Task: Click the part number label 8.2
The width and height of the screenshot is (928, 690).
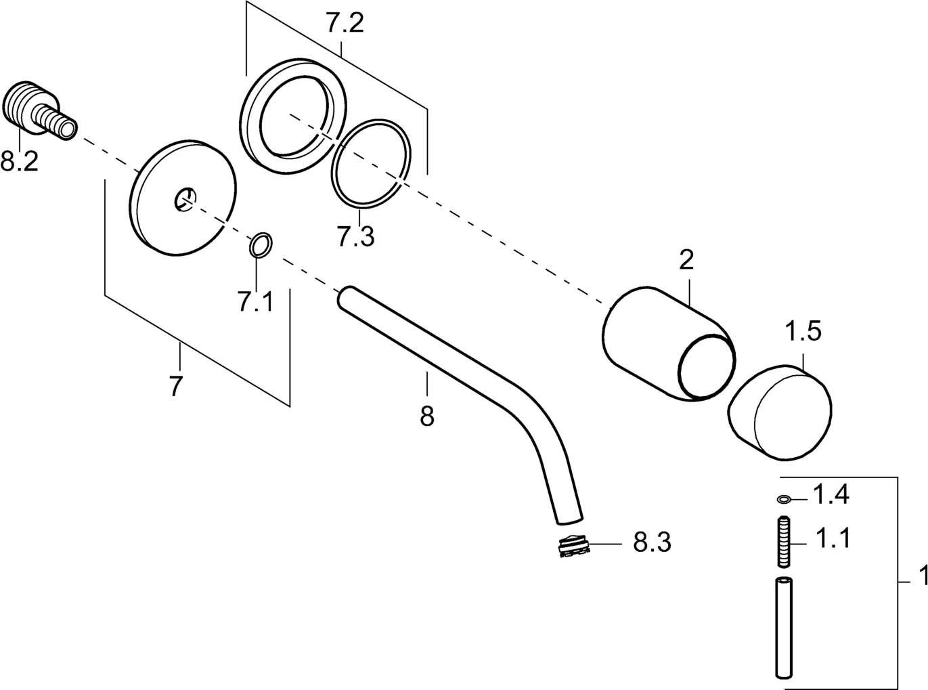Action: [18, 163]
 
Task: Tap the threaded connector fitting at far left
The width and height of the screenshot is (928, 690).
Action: [38, 112]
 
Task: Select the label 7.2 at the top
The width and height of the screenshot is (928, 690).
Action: [345, 24]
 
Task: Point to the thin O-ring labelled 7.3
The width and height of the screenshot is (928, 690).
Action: [371, 163]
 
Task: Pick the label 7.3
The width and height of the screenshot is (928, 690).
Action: [355, 237]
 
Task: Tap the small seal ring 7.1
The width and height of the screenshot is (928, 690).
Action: [261, 245]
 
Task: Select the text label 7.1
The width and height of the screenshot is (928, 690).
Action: [255, 301]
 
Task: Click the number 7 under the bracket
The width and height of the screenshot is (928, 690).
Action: [175, 387]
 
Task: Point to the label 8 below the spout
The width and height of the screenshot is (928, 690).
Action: [426, 416]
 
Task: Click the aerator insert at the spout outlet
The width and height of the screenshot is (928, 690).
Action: [573, 545]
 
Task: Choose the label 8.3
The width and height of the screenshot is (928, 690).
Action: [652, 542]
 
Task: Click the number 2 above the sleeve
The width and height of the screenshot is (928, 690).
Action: [686, 260]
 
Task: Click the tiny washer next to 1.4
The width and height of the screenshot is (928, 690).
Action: [784, 500]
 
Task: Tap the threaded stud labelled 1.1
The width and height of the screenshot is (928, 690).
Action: [785, 542]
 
